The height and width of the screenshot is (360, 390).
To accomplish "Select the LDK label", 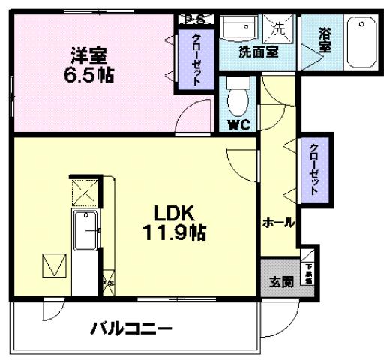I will click(x=175, y=212).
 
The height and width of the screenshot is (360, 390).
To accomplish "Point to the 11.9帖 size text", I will click(x=175, y=232).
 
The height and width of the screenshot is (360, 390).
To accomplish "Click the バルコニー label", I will click(x=132, y=328).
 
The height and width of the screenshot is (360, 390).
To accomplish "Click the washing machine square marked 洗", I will click(x=277, y=29).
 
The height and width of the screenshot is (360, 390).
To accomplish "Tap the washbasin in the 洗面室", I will click(x=241, y=29).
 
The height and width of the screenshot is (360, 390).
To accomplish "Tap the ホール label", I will click(x=278, y=223).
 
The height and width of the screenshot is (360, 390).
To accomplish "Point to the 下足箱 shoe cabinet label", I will click(x=307, y=271).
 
